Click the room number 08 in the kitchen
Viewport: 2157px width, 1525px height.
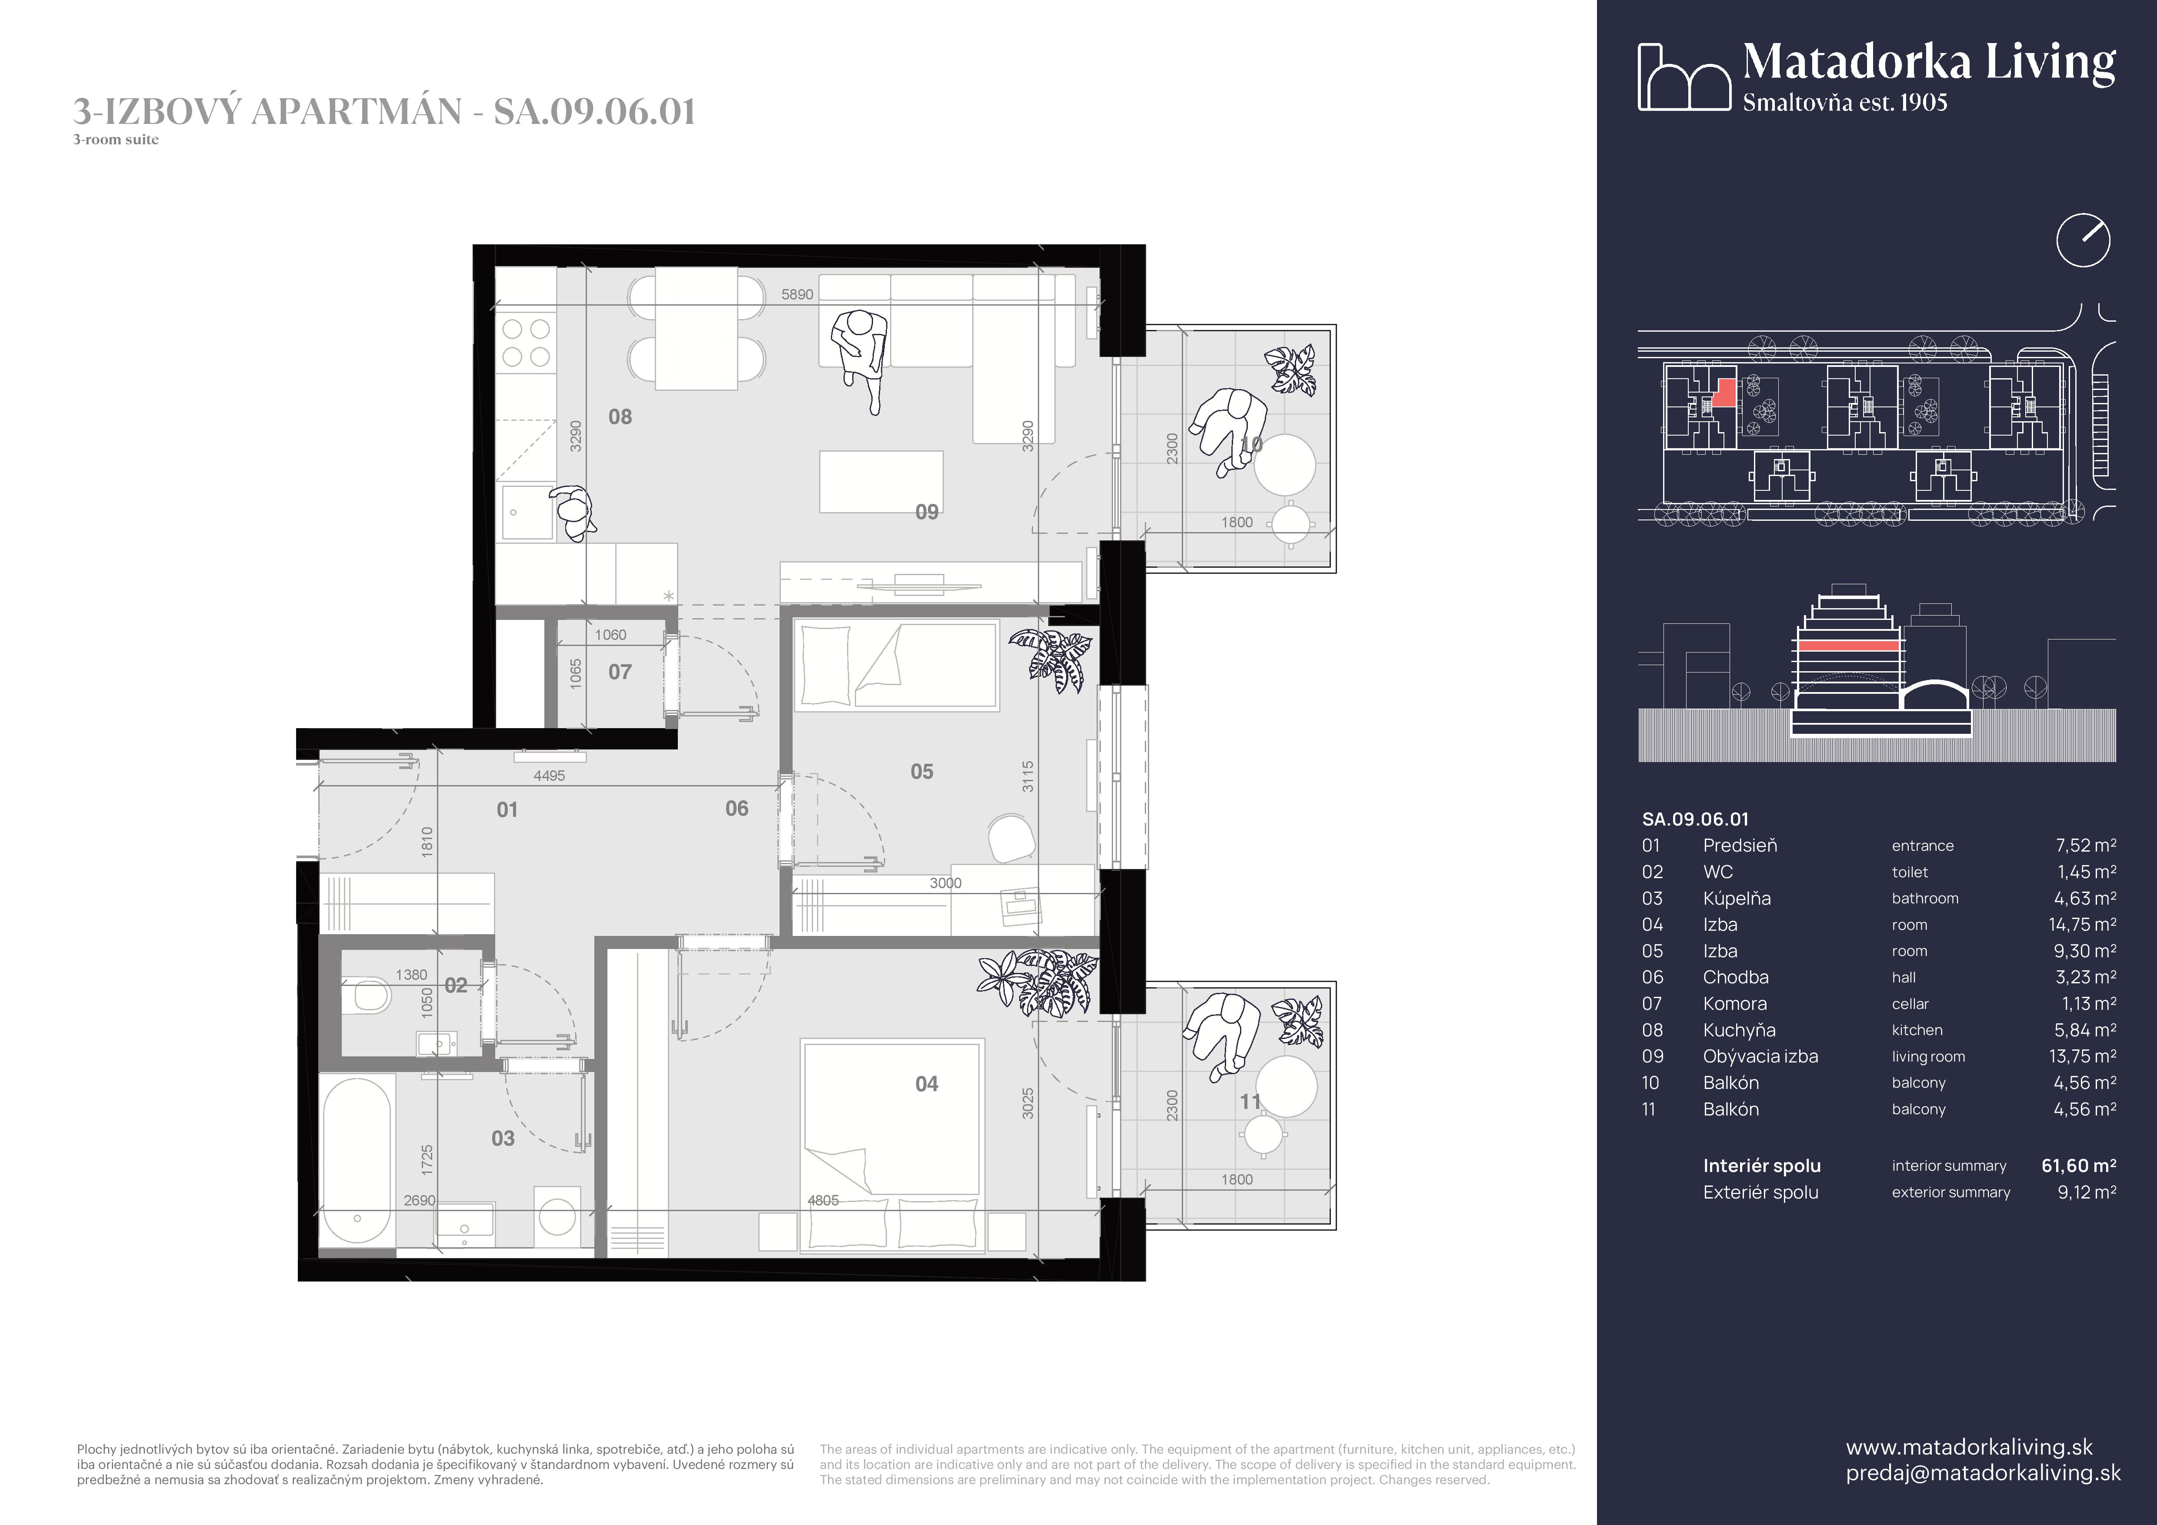(x=620, y=417)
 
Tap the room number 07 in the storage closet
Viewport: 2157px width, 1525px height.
(x=620, y=673)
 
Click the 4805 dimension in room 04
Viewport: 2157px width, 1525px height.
(x=823, y=1200)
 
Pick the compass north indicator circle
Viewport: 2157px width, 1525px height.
(x=2083, y=240)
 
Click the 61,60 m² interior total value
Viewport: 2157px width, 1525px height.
(x=2078, y=1165)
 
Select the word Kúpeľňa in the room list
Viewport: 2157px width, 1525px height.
(x=1736, y=899)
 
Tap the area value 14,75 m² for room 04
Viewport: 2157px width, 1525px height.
(x=2082, y=925)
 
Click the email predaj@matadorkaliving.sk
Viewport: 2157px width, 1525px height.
(x=1982, y=1472)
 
